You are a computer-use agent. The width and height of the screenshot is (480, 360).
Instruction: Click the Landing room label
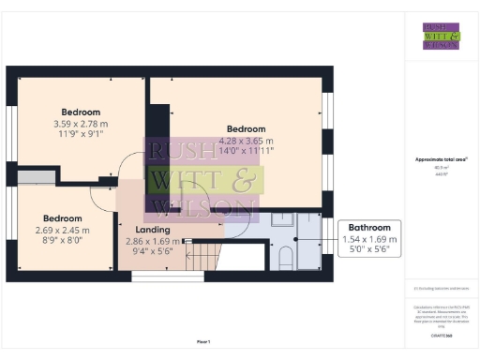pyautogui.click(x=153, y=230)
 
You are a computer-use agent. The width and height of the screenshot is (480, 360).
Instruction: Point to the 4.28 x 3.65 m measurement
pyautogui.click(x=246, y=140)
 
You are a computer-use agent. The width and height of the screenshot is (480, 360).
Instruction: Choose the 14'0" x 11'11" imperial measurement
pyautogui.click(x=246, y=151)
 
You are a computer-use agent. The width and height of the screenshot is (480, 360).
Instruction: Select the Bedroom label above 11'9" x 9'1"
pyautogui.click(x=81, y=112)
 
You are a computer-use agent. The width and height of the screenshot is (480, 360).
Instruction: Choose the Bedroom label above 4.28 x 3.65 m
pyautogui.click(x=246, y=128)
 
